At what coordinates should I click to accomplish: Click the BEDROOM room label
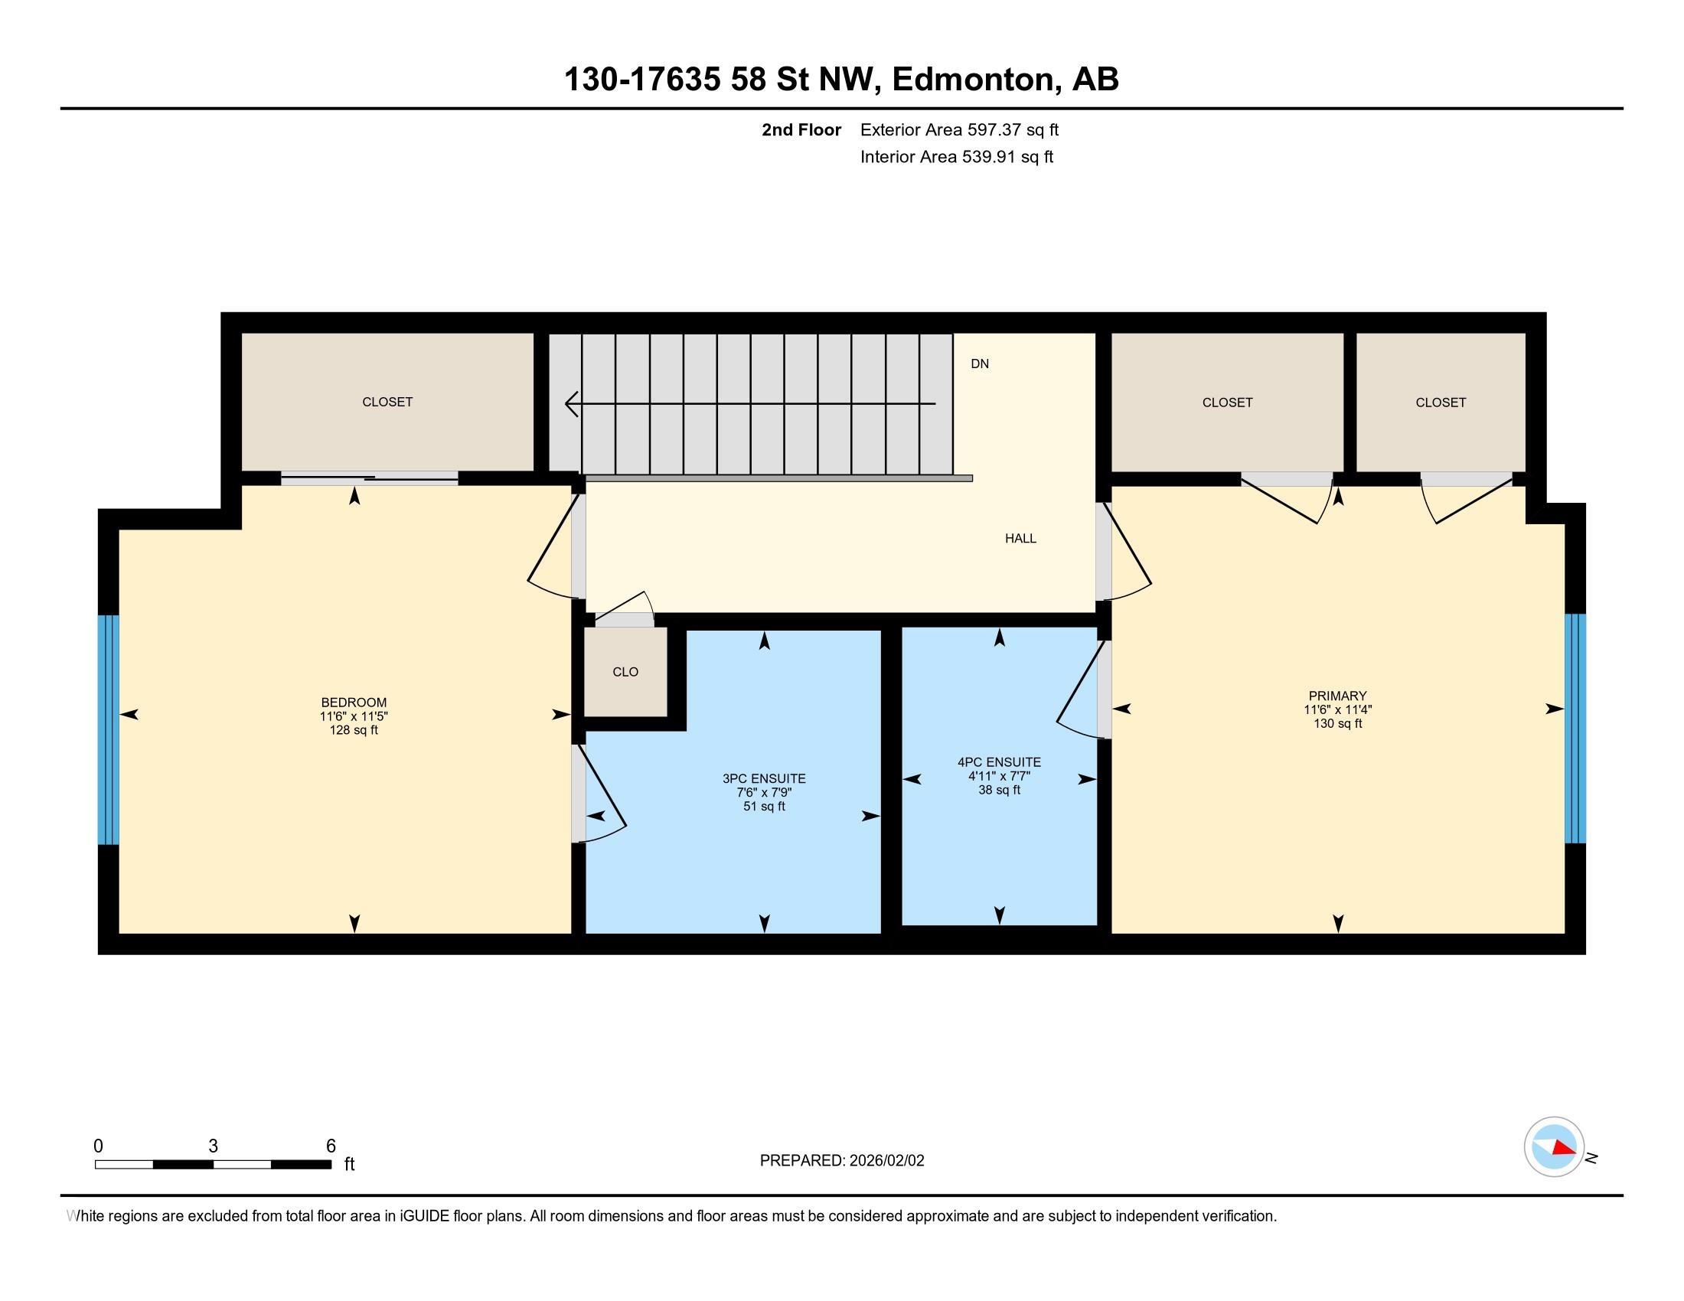[x=354, y=702]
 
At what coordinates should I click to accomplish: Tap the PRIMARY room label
[x=1337, y=695]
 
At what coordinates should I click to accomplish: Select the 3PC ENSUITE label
[x=764, y=778]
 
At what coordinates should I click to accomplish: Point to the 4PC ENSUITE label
[x=999, y=762]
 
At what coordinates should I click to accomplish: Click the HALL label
[x=1020, y=538]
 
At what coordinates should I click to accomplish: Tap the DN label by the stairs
[x=979, y=364]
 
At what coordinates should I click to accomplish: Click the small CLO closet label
[x=625, y=672]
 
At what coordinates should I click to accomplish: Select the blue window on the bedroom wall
[x=109, y=729]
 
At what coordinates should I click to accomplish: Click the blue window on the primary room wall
[x=1575, y=729]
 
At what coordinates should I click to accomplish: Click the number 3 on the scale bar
[x=213, y=1146]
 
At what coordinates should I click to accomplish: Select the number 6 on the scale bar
[x=331, y=1146]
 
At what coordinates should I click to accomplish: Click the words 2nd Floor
[x=801, y=129]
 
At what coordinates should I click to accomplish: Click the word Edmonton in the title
[x=974, y=79]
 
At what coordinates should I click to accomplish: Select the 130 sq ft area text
[x=1338, y=724]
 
